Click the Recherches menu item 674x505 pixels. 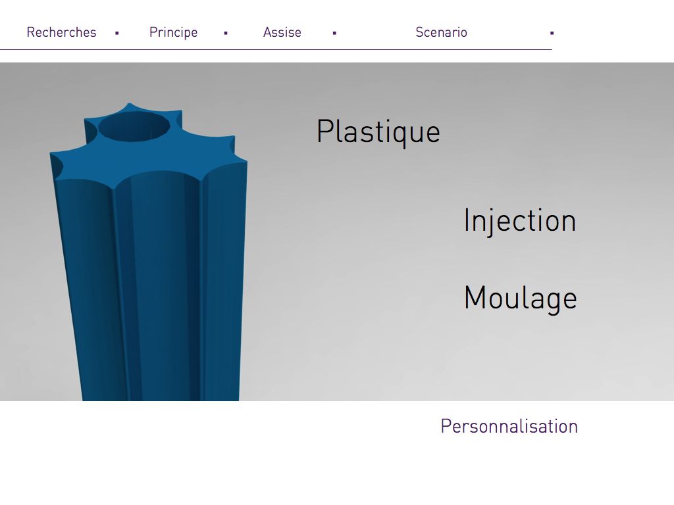[61, 32]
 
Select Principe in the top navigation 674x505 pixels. [173, 33]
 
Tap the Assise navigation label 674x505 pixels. [282, 32]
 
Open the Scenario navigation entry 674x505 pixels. [441, 32]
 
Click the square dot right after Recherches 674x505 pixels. [117, 33]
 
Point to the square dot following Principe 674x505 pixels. [226, 33]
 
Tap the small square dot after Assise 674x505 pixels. [334, 33]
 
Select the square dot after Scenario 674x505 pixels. [552, 33]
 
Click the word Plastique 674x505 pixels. [378, 132]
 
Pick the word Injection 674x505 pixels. [520, 221]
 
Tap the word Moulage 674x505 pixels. [520, 298]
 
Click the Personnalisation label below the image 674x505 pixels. [509, 426]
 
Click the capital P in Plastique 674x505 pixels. [325, 131]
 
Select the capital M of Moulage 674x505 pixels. [475, 297]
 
